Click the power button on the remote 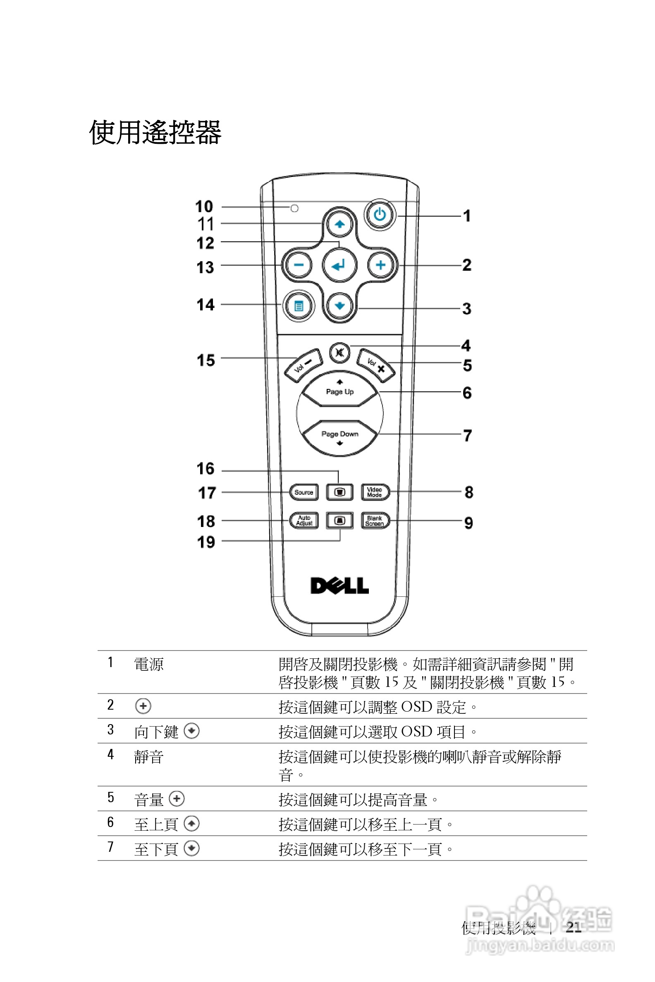click(380, 215)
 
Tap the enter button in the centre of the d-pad click(339, 265)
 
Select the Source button click(304, 492)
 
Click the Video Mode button click(375, 492)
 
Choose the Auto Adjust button click(304, 521)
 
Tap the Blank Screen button click(375, 521)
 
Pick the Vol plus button click(375, 365)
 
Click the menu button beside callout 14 click(299, 306)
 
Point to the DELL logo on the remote click(339, 586)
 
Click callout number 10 click(204, 206)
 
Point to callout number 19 click(206, 542)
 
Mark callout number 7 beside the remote click(467, 436)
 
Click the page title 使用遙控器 click(155, 133)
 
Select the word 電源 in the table click(149, 664)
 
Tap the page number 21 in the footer click(574, 927)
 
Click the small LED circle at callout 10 click(294, 208)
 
